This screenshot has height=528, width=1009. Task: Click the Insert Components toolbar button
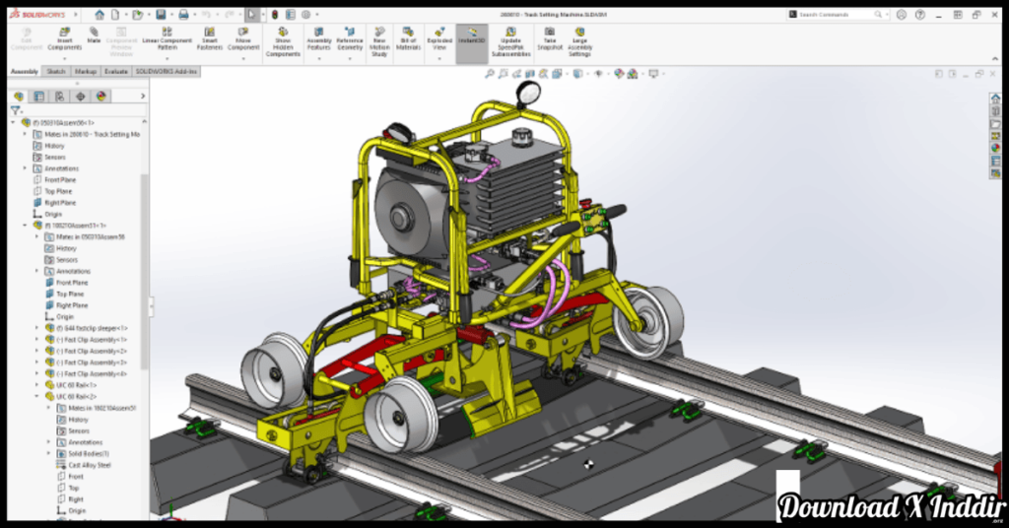click(x=65, y=40)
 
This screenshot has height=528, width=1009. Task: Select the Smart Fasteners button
click(x=210, y=40)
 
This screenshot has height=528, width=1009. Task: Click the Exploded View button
click(x=439, y=40)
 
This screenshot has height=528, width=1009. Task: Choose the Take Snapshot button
click(x=550, y=40)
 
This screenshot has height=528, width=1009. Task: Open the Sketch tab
click(x=56, y=72)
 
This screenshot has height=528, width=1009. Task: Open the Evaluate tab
click(x=116, y=72)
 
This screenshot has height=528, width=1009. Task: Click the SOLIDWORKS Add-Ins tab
click(x=167, y=72)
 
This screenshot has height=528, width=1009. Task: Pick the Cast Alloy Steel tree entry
click(x=89, y=465)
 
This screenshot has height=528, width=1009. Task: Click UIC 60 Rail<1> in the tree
click(x=79, y=385)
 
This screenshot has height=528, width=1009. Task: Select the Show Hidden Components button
click(x=283, y=40)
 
